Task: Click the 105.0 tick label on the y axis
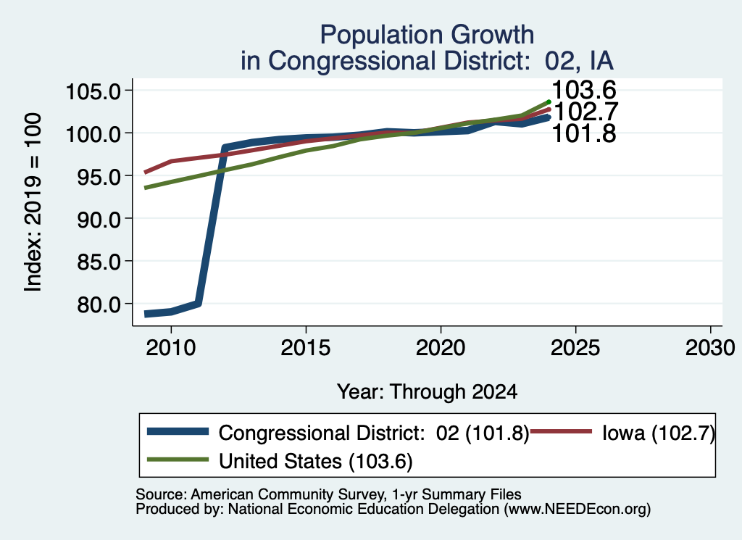pyautogui.click(x=93, y=91)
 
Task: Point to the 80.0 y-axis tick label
pyautogui.click(x=99, y=304)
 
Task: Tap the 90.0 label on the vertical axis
pyautogui.click(x=99, y=219)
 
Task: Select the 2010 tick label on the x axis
pyautogui.click(x=171, y=349)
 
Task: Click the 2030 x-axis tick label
pyautogui.click(x=710, y=349)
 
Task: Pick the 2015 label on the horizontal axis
pyautogui.click(x=306, y=349)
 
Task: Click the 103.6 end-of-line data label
pyautogui.click(x=584, y=89)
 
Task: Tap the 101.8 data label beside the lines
pyautogui.click(x=584, y=133)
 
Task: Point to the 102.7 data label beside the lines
pyautogui.click(x=585, y=112)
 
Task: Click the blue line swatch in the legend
pyautogui.click(x=178, y=431)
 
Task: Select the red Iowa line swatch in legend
pyautogui.click(x=562, y=431)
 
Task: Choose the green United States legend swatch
pyautogui.click(x=178, y=460)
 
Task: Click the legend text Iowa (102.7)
pyautogui.click(x=659, y=433)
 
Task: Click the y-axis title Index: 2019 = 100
pyautogui.click(x=33, y=202)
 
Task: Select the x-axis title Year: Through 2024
pyautogui.click(x=428, y=392)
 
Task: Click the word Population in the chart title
pyautogui.click(x=381, y=36)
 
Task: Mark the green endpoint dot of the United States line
pyautogui.click(x=549, y=101)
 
